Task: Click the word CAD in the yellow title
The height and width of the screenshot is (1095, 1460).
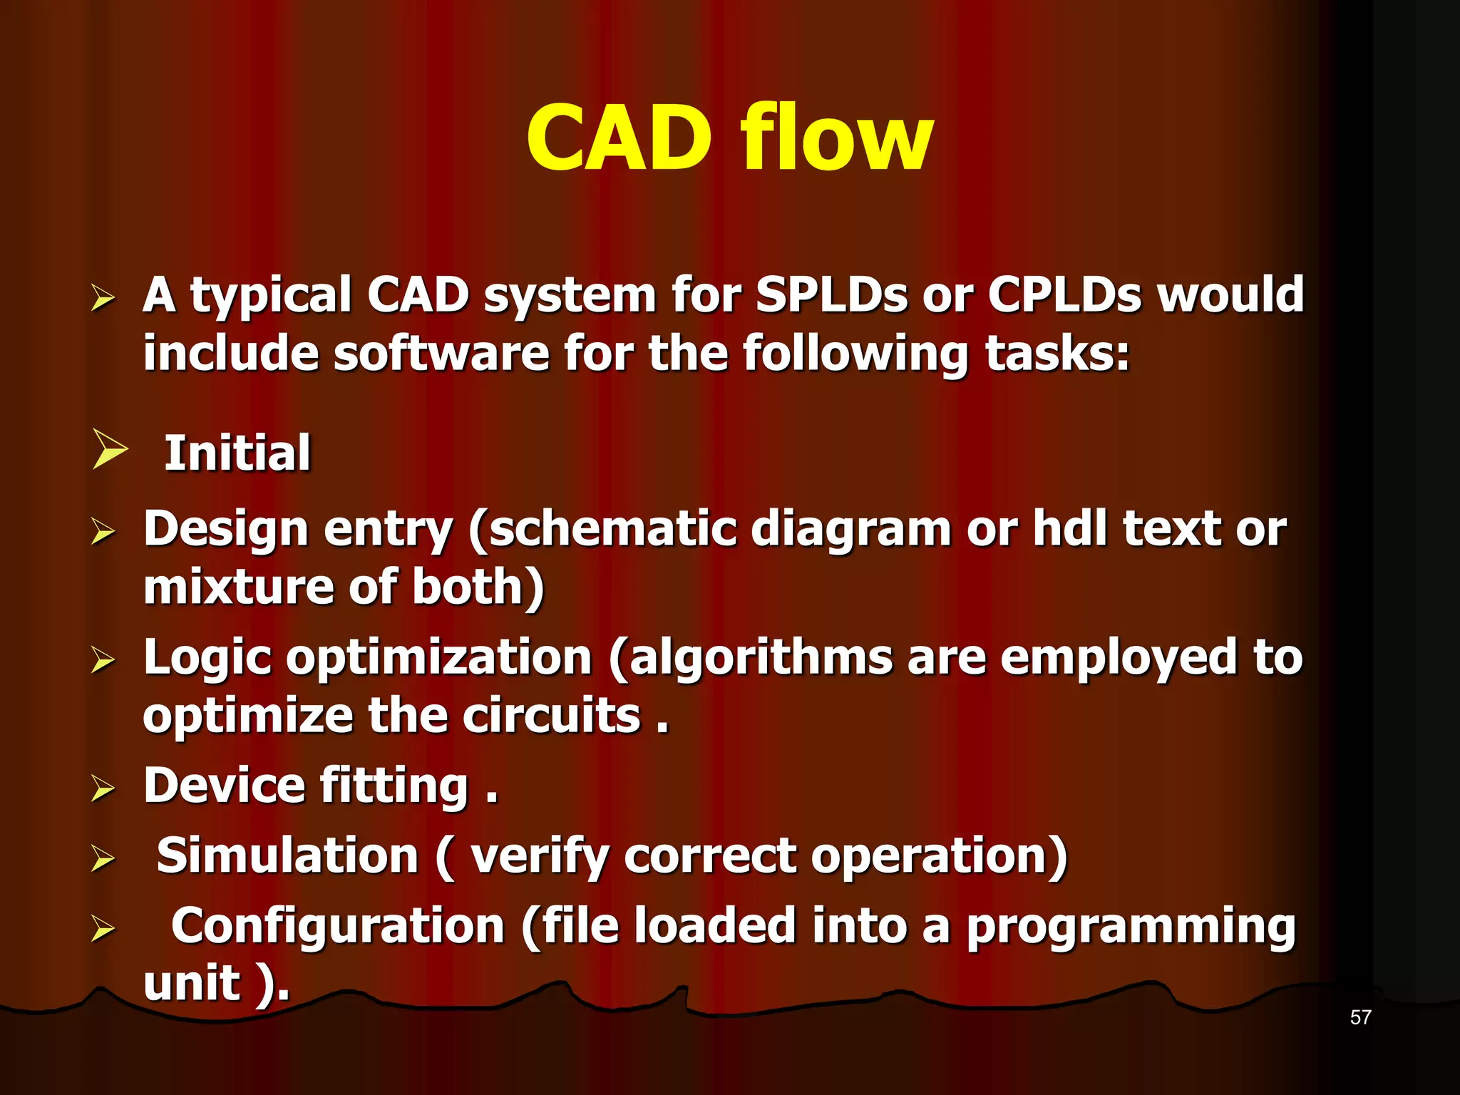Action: (x=619, y=138)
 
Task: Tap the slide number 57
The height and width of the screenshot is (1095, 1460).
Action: (x=1360, y=1017)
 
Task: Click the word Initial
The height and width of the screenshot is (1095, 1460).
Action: (x=237, y=453)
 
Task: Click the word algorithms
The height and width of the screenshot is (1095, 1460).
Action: (x=761, y=657)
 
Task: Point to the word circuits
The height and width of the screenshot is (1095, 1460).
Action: (x=551, y=716)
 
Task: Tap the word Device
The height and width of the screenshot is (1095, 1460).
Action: (x=223, y=786)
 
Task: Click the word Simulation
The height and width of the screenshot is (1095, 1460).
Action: (x=287, y=855)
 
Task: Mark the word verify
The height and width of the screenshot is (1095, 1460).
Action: (x=538, y=857)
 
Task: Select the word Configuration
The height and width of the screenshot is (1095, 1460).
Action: (x=338, y=926)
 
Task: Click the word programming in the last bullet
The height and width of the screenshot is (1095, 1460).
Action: (x=1131, y=927)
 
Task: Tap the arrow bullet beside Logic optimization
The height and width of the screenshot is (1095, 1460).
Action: (x=103, y=660)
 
